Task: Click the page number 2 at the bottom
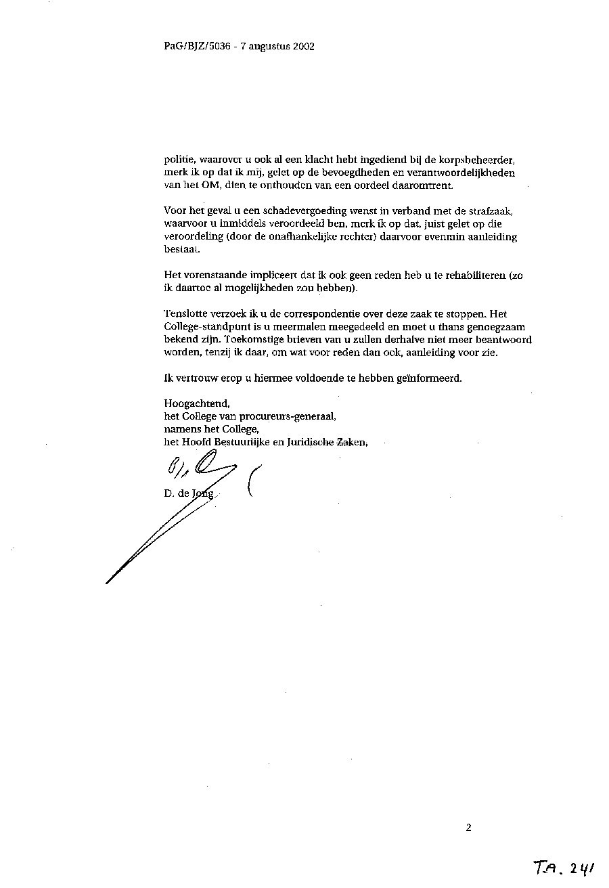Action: pyautogui.click(x=468, y=826)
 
